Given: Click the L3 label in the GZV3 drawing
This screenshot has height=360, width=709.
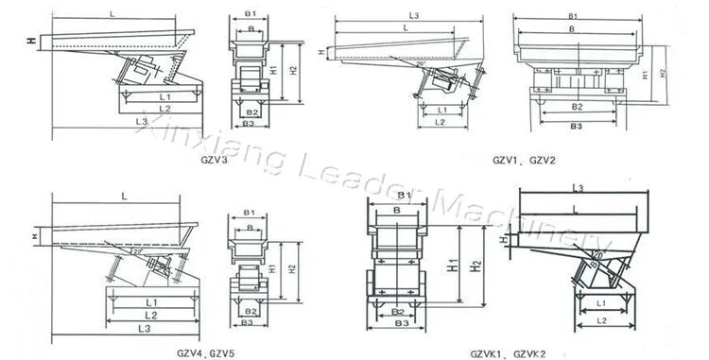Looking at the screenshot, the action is point(141,122).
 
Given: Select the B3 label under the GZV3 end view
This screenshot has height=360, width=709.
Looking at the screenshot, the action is point(249,123).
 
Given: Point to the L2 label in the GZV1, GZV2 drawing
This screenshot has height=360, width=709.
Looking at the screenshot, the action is point(439,123).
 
